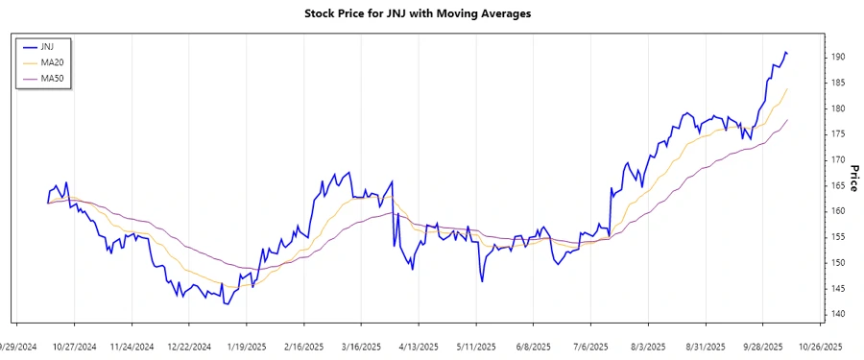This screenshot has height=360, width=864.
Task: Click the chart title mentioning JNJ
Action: (430, 13)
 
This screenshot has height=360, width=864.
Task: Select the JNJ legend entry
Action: (48, 46)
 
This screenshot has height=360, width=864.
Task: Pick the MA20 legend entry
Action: (52, 62)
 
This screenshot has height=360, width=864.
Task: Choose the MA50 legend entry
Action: (52, 79)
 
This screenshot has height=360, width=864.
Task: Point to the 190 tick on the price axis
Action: (837, 57)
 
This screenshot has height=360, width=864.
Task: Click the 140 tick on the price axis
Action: (837, 314)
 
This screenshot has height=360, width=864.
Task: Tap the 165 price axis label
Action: (837, 185)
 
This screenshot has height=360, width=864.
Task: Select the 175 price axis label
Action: (837, 134)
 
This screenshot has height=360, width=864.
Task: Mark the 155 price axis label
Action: (837, 237)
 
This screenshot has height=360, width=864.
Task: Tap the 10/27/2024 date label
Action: (74, 347)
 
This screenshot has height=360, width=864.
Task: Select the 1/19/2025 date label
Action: (246, 347)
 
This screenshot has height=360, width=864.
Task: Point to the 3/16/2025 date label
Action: (361, 347)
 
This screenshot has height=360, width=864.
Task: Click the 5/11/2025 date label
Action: (476, 347)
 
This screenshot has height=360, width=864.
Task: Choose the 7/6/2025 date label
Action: (590, 347)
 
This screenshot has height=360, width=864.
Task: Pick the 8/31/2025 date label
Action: (706, 347)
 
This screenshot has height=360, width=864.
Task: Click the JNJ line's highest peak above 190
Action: (785, 52)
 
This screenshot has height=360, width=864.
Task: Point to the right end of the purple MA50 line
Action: (787, 120)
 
